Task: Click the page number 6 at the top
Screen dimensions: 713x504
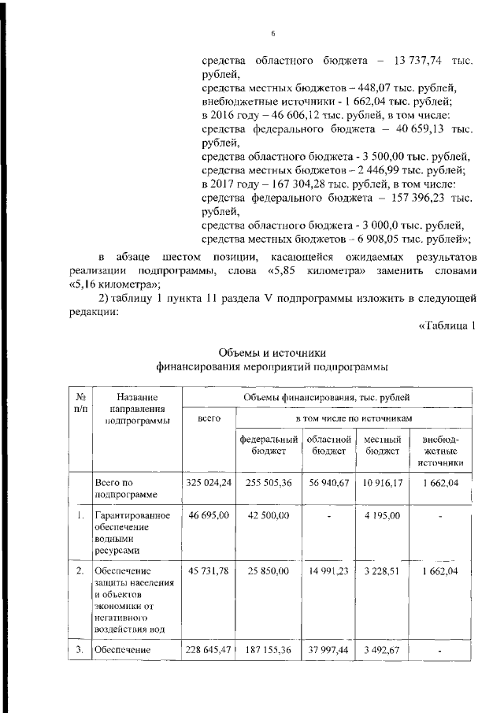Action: coord(273,34)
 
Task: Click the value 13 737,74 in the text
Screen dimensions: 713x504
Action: coord(415,61)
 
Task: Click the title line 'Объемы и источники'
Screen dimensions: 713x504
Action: coord(272,352)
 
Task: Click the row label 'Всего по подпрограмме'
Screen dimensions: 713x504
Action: coord(117,488)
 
